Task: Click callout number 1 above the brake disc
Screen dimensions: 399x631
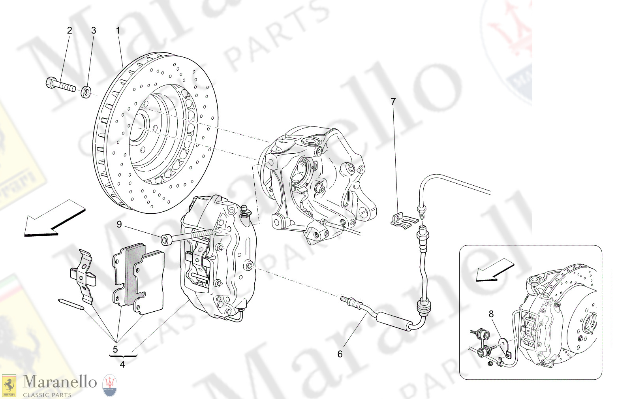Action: click(x=118, y=30)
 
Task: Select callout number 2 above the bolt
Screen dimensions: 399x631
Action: click(x=69, y=30)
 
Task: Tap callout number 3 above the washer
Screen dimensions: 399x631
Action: click(x=94, y=30)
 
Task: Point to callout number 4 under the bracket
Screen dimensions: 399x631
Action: click(x=122, y=364)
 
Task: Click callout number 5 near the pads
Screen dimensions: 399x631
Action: click(x=115, y=349)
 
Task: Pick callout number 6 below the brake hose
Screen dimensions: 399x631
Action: click(x=340, y=354)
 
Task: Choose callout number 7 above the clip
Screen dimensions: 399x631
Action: click(x=393, y=102)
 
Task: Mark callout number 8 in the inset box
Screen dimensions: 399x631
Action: click(x=491, y=314)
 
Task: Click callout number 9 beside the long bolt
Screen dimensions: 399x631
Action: click(x=119, y=225)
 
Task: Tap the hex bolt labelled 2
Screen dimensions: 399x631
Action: click(x=60, y=84)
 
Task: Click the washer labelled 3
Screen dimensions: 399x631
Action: click(x=86, y=93)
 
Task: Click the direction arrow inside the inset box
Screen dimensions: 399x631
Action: click(x=494, y=270)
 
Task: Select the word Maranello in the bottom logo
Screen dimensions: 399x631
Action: click(x=60, y=382)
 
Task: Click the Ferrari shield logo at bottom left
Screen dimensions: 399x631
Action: click(x=9, y=386)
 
